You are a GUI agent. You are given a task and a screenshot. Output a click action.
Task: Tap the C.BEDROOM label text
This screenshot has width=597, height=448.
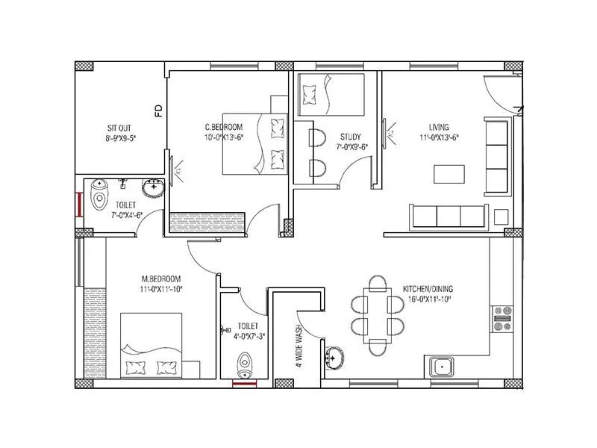[222, 127]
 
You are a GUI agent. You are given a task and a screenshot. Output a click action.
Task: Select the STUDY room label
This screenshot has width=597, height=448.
[350, 137]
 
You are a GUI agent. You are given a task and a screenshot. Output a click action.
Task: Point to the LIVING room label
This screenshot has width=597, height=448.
[438, 127]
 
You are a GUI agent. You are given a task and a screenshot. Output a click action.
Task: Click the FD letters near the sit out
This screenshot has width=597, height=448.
[158, 111]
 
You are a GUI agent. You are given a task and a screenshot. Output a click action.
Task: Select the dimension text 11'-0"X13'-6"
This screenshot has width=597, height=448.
[438, 137]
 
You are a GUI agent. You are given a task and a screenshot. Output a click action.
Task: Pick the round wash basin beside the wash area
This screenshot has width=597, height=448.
[334, 358]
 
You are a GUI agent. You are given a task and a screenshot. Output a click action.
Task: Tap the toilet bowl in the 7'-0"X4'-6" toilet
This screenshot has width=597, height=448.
[99, 196]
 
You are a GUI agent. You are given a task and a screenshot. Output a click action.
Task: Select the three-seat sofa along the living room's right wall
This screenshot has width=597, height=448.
[496, 156]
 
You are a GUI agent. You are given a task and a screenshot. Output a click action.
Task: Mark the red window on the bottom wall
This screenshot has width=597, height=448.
[244, 384]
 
